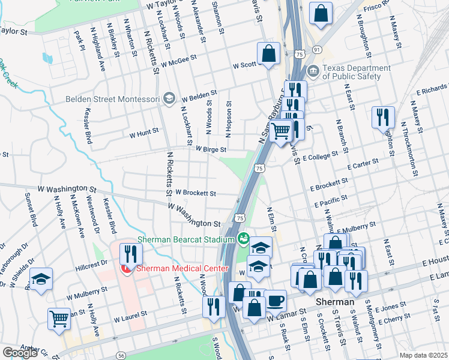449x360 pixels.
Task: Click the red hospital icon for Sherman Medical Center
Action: (x=127, y=268)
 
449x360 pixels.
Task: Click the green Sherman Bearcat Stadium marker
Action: (x=243, y=239)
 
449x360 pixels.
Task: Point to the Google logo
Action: (x=20, y=353)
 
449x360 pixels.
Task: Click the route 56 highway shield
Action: (x=122, y=355)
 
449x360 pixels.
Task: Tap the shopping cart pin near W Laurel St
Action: (x=59, y=318)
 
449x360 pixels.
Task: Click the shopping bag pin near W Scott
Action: (x=269, y=53)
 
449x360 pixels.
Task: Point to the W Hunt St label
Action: (x=144, y=130)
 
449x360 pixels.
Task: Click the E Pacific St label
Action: (x=329, y=201)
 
